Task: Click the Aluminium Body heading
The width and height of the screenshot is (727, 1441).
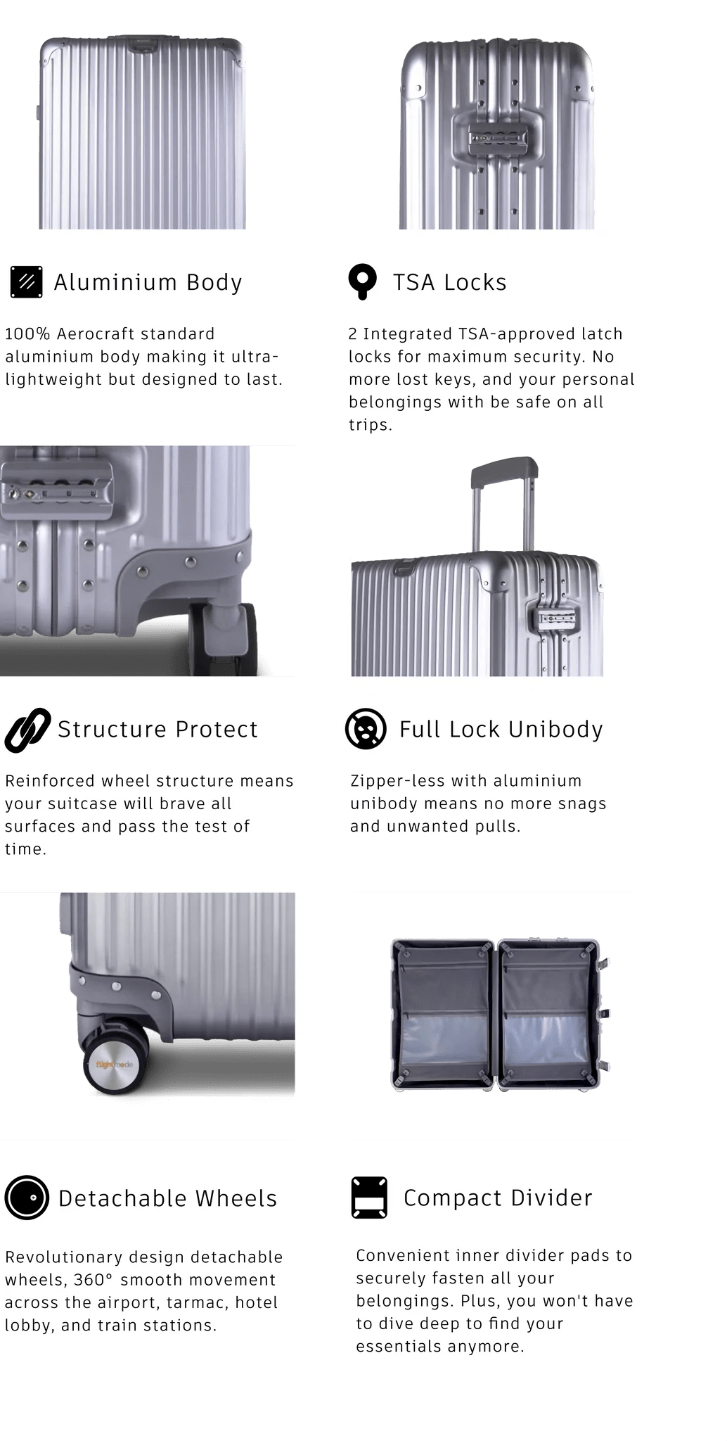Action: click(148, 282)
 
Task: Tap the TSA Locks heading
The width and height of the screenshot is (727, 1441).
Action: click(449, 282)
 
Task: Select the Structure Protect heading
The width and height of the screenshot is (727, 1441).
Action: click(157, 729)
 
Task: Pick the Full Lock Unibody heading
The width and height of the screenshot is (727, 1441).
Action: click(501, 730)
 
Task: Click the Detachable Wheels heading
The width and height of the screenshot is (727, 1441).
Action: click(167, 1198)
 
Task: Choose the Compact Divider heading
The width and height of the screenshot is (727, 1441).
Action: click(498, 1198)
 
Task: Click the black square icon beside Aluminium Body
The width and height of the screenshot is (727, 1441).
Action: click(27, 282)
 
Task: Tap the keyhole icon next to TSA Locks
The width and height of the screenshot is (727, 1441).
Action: click(363, 282)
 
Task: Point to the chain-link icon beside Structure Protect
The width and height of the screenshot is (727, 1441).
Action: click(27, 730)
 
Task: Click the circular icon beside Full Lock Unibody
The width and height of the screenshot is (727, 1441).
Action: click(366, 729)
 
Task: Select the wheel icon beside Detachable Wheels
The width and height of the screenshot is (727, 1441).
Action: click(27, 1198)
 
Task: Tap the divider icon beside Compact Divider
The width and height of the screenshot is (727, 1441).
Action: click(369, 1198)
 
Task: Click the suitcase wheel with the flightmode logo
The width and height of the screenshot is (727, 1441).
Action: click(115, 1063)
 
